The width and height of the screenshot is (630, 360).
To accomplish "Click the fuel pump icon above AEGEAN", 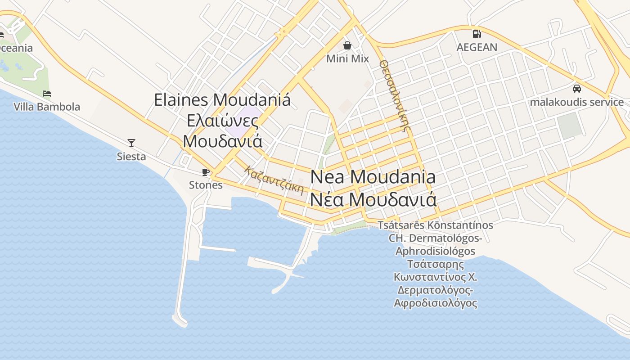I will pos(477,34).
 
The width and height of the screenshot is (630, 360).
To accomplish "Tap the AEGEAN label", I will pos(477,47).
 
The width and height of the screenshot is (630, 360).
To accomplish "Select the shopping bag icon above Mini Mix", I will pos(347,45).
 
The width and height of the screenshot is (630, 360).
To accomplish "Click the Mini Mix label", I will pos(347,58).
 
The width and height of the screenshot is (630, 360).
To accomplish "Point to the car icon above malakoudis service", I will pos(576,89).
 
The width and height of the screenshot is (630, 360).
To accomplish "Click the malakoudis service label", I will pos(576,102).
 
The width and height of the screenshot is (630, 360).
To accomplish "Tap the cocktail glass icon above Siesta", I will pos(131,143).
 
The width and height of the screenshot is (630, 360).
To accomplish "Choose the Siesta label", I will pos(131,157).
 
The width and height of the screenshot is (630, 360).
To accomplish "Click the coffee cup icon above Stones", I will pos(206,171).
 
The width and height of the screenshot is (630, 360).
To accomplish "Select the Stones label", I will pos(206,185).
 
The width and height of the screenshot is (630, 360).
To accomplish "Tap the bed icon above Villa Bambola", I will pos(47,94).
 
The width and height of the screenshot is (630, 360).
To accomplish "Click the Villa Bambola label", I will pos(47,107).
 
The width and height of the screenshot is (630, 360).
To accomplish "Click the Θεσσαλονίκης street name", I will pos(396,96).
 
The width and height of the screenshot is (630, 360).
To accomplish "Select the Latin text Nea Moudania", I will pos(373,177).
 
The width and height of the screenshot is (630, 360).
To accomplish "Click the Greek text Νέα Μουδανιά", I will pos(373,199).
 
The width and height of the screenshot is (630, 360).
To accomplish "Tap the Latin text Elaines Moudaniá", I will pos(222,99).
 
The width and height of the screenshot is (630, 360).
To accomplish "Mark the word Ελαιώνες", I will pos(222,121).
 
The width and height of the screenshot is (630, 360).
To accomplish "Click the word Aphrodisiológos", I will pos(435,251).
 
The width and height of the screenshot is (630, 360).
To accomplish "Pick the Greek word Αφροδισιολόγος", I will pos(435,303).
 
